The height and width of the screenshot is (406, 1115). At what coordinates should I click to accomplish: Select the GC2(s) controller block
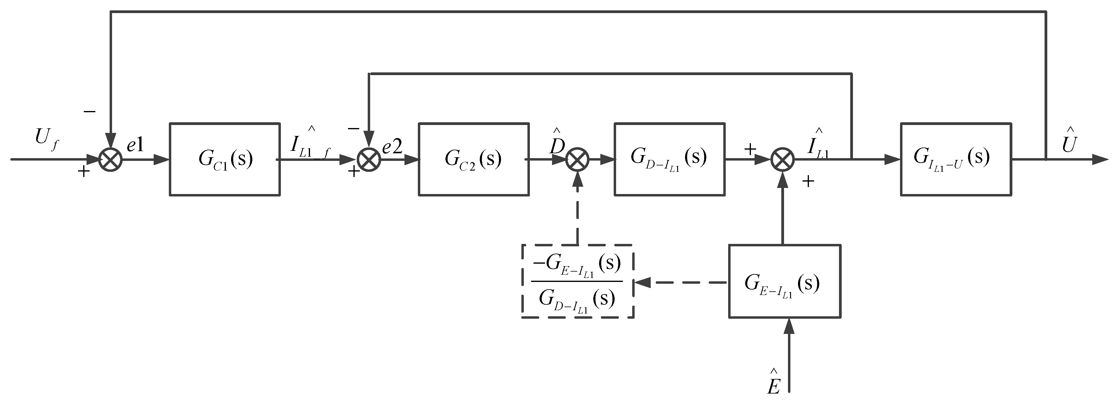(473, 159)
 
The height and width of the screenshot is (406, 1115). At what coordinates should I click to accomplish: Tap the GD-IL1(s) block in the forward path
(669, 159)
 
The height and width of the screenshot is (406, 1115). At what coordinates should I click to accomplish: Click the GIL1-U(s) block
(956, 159)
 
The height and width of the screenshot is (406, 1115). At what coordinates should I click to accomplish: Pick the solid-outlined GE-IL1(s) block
(784, 281)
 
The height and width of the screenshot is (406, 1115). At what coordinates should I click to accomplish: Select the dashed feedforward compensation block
(578, 281)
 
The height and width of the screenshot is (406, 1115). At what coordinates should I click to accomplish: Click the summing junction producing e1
(111, 159)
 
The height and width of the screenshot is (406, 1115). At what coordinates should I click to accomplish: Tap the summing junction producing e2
(369, 159)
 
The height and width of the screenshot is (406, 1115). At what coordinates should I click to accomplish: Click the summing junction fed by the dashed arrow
(578, 159)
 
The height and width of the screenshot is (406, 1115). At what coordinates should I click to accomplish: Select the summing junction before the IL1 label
(783, 159)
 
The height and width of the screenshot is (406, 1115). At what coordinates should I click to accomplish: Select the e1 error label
(135, 146)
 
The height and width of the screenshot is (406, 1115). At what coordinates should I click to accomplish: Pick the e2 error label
(392, 147)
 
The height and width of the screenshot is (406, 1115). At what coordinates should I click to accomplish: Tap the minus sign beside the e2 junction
(353, 129)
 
